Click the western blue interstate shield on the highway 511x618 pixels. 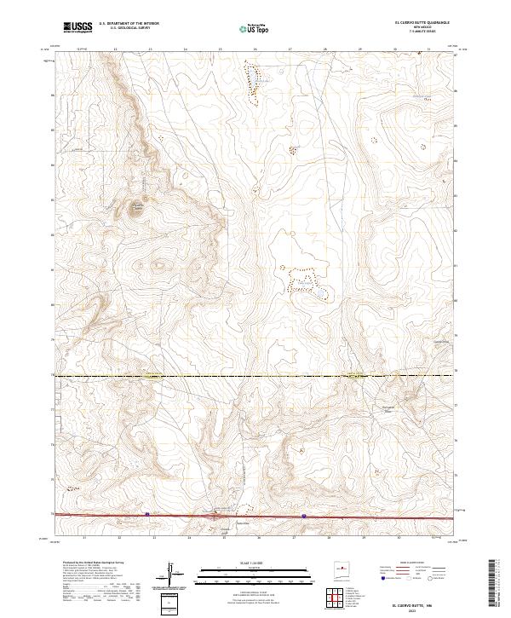[x=147, y=514]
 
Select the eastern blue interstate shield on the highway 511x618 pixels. [x=304, y=516]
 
